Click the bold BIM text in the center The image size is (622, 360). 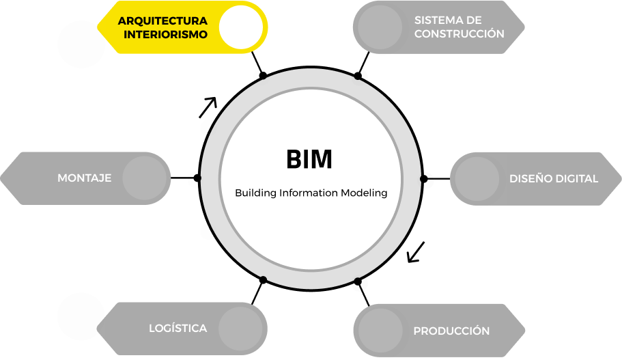[309, 159]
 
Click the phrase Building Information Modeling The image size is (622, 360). [311, 193]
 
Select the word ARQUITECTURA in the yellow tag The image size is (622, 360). [162, 20]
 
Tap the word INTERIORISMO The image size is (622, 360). [165, 33]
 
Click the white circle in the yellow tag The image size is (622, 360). [240, 27]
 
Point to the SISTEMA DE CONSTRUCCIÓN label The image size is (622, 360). [459, 27]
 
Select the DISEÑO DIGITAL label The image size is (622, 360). [553, 178]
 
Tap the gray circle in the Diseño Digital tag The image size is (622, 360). [476, 178]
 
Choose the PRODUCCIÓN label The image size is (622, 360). [451, 331]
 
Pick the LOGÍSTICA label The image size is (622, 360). [178, 329]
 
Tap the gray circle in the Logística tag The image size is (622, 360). [240, 329]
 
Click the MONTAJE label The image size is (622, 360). [84, 178]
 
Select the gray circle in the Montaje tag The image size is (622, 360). [145, 178]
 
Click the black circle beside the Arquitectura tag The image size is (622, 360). [81, 44]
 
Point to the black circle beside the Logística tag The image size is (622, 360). [81, 316]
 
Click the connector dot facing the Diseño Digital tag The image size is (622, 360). [425, 179]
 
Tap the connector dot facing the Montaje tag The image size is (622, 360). [195, 179]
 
